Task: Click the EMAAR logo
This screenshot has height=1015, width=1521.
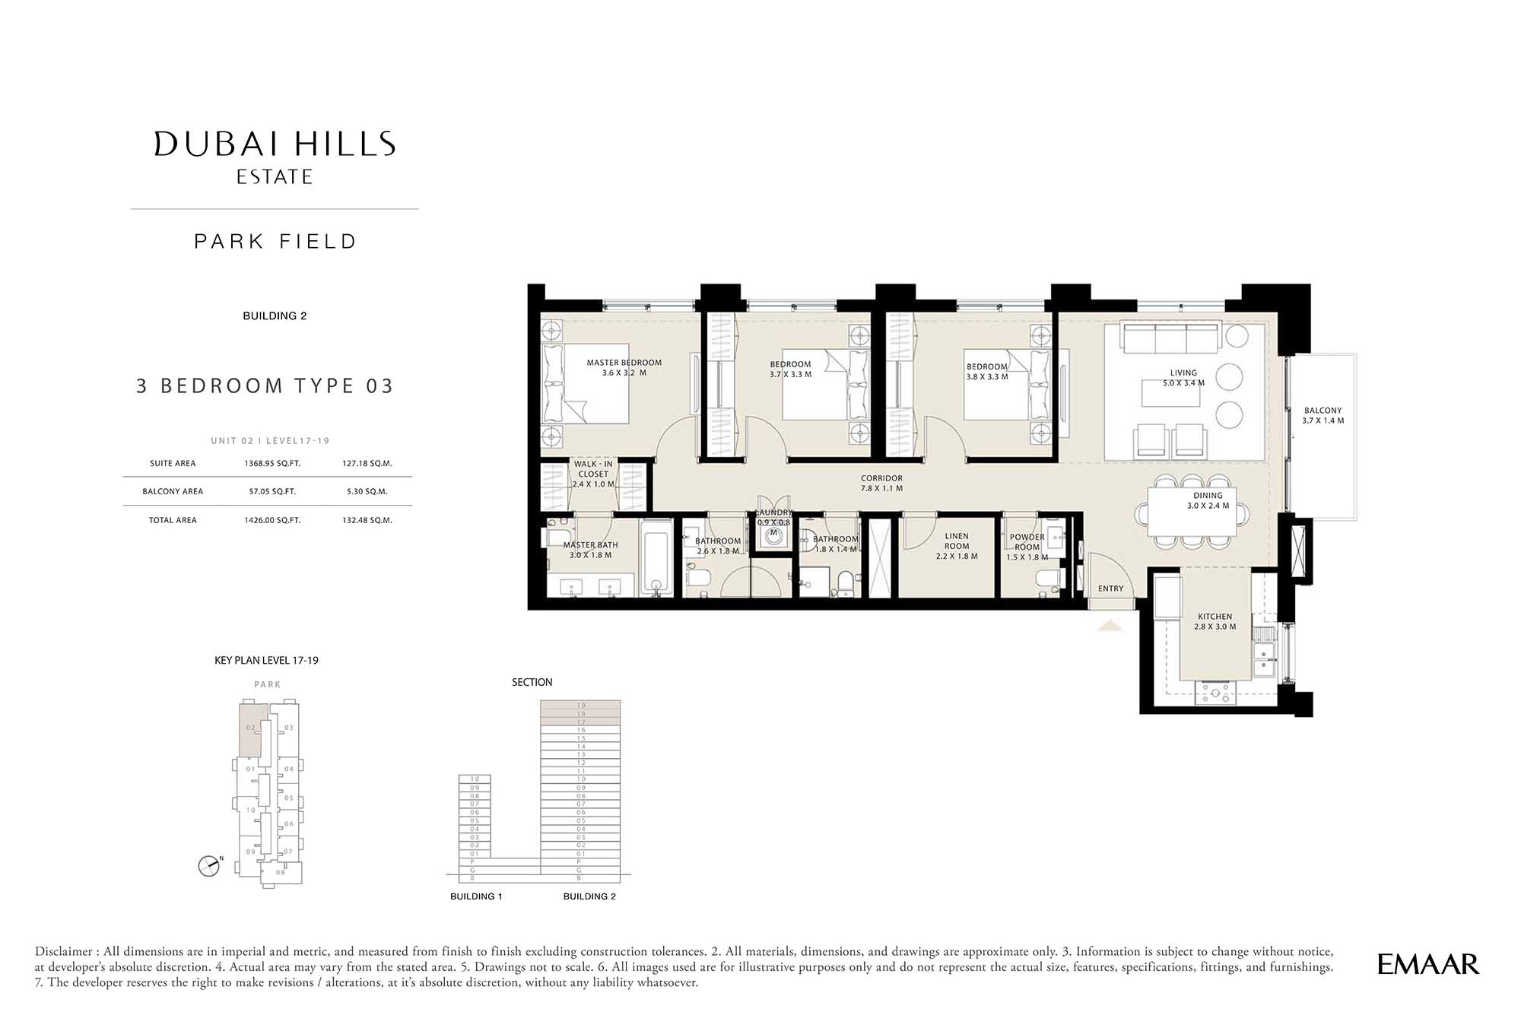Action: pos(1427,964)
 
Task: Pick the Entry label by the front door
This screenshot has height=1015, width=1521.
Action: pos(1110,588)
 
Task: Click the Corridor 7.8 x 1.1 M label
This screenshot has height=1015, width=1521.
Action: pos(881,484)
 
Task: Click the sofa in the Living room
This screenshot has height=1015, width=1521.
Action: pos(1171,338)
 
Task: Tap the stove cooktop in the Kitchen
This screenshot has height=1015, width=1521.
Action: pos(1215,693)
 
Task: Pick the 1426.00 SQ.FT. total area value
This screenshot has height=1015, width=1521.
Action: pos(272,521)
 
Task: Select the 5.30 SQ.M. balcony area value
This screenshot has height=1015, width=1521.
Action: pos(367,492)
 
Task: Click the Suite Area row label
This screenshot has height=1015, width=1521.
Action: pos(173,464)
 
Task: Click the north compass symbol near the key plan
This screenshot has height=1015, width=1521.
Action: pos(208,865)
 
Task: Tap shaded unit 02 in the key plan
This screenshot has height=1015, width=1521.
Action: pos(251,728)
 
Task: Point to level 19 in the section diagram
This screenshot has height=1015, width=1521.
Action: pos(580,706)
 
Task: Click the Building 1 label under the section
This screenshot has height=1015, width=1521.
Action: pos(476,896)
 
